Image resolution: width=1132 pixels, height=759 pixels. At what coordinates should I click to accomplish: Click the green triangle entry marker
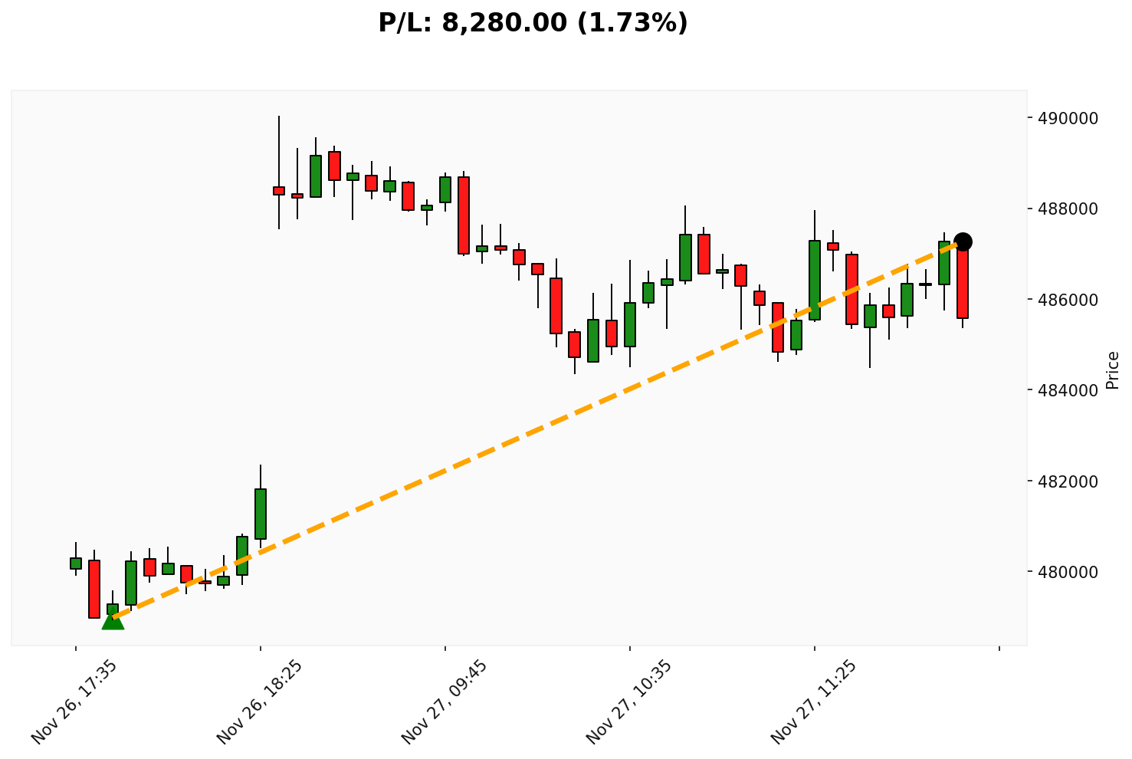113,620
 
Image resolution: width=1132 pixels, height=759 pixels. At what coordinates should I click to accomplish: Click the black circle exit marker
963,242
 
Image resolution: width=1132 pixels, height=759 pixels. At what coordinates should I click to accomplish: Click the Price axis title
1114,370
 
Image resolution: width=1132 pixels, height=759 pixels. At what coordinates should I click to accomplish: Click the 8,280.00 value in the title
505,23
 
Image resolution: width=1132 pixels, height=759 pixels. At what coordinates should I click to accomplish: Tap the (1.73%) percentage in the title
633,23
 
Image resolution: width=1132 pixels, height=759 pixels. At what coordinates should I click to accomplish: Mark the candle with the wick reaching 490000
279,190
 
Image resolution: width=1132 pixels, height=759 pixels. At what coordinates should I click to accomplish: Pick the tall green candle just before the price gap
261,514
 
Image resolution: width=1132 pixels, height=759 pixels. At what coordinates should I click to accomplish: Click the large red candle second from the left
94,589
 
